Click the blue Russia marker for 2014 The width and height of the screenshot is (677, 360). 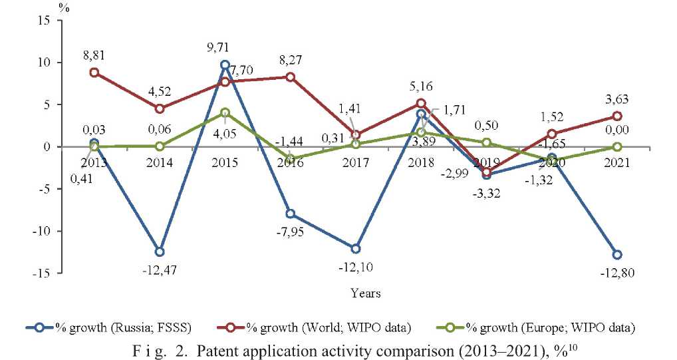(x=160, y=252)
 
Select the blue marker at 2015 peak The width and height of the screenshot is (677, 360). (x=225, y=65)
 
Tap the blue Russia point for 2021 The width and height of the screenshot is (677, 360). (x=617, y=254)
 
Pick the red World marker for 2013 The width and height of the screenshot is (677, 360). (x=94, y=73)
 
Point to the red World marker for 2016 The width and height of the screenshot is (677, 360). (x=291, y=77)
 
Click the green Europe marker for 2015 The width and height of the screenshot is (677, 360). (x=225, y=112)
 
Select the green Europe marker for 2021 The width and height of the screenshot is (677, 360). (x=617, y=146)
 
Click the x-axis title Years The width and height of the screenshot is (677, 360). (x=366, y=292)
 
